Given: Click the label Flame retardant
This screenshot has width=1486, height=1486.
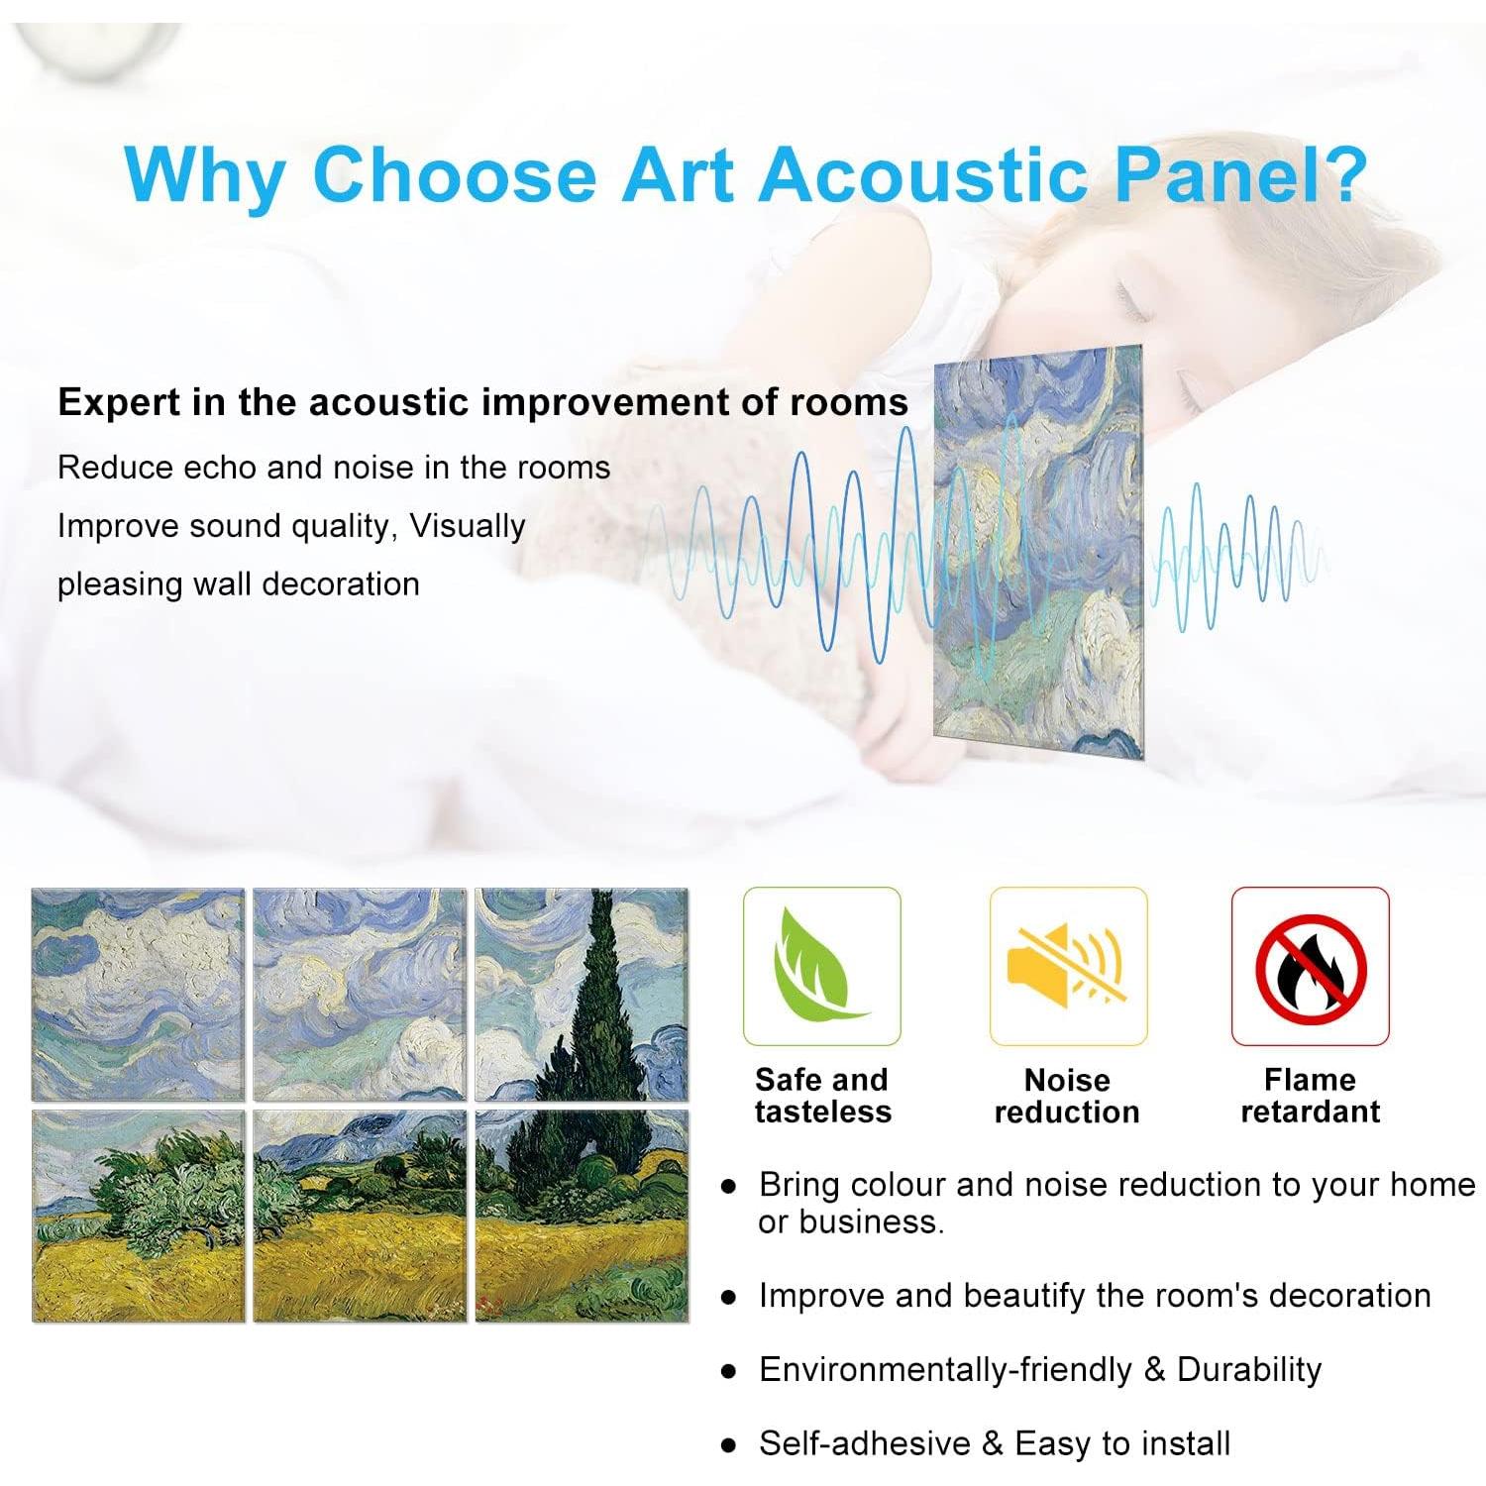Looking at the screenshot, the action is coord(1311,1096).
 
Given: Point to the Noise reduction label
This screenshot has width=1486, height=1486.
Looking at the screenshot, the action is coord(1067,1096).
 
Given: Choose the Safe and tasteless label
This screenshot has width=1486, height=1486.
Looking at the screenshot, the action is coord(822,1096).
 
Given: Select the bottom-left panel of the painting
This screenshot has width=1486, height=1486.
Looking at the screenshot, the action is coord(139,1216).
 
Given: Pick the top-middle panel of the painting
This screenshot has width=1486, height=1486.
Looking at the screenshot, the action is coord(360,995).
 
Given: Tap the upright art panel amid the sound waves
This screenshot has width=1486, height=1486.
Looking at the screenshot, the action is coord(1038,551).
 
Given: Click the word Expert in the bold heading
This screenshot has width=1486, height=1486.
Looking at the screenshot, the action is coord(117,403).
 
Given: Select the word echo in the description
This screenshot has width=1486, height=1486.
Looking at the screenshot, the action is coord(219,468).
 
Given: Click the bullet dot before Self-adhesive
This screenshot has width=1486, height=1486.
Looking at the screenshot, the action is coord(729,1445).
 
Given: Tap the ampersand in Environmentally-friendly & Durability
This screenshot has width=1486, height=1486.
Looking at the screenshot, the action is coord(1154,1370).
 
